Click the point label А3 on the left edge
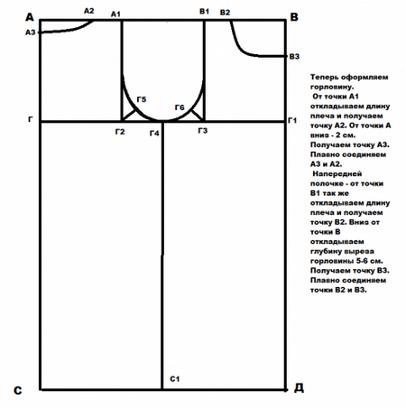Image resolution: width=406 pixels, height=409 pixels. pos(30,33)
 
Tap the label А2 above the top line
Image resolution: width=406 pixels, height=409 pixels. pos(88,11)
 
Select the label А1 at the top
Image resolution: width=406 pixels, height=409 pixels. pos(115,14)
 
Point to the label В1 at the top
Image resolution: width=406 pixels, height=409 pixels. pos(204,12)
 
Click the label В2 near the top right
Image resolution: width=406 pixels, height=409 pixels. pos(225,13)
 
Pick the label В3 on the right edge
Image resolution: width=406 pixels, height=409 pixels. pos(294,57)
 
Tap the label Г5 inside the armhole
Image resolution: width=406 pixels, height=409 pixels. pos(142,99)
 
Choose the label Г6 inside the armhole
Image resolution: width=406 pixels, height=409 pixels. pos(180,107)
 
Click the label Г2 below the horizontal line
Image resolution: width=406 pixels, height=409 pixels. pos(120,132)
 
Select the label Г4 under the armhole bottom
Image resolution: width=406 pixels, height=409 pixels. pos(154,133)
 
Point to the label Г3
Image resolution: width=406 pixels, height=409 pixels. pos(203,131)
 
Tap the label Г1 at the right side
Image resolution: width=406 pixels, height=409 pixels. pos(292,121)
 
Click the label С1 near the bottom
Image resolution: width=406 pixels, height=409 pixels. pos(175,379)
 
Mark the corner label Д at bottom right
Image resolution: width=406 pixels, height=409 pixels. pos(299,388)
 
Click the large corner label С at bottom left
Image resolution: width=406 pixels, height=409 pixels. pos(18,390)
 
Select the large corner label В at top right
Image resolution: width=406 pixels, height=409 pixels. pos(294,17)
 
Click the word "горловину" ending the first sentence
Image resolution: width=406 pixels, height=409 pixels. pos(332,88)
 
